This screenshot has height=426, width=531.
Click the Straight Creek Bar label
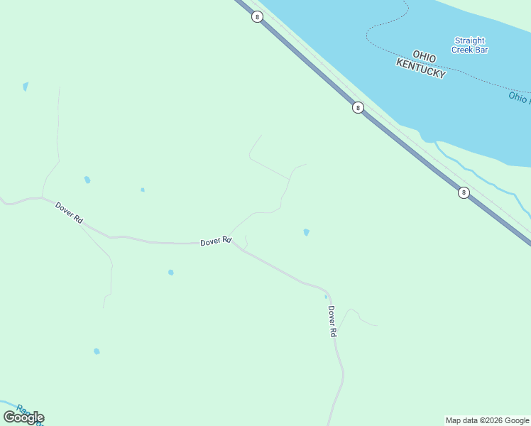tap(469, 45)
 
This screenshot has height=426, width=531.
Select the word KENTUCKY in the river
tap(421, 68)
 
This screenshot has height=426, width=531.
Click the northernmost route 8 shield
tap(257, 16)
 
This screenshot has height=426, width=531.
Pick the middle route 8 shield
tap(358, 108)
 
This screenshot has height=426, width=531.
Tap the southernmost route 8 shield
tap(464, 192)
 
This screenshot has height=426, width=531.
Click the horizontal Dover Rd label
tap(216, 241)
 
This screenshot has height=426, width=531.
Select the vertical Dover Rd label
tap(332, 321)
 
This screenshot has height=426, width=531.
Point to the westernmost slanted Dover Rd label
tap(69, 212)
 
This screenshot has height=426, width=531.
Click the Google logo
tap(23, 417)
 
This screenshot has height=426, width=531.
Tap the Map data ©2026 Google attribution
tap(488, 420)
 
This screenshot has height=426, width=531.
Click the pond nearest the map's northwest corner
tap(26, 87)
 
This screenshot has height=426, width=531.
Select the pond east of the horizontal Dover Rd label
tap(306, 232)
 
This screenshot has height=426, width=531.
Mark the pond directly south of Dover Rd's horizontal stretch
tap(171, 272)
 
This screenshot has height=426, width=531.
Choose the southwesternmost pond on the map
tap(97, 351)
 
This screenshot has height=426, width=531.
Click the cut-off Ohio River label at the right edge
tap(519, 97)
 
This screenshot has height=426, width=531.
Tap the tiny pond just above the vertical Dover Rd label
tap(326, 296)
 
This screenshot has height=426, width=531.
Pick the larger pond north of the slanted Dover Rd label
tap(87, 180)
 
